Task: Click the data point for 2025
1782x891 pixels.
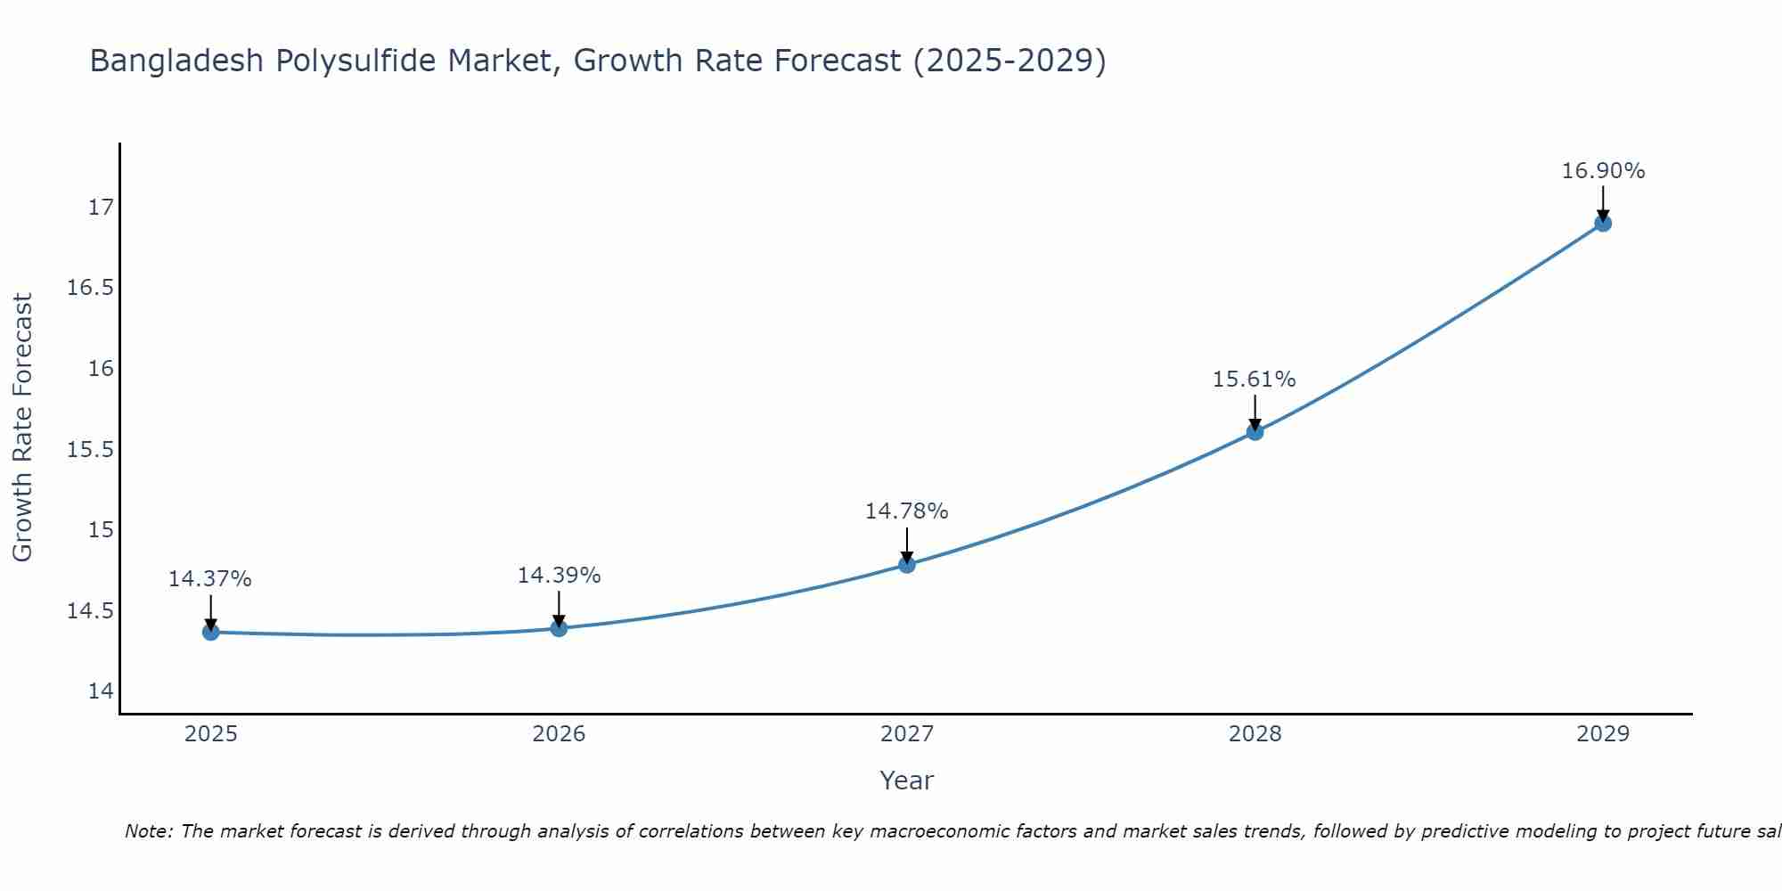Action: click(211, 632)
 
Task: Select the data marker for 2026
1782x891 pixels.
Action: click(559, 628)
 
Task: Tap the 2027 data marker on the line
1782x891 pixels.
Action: click(907, 564)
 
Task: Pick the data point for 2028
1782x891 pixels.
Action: click(1255, 432)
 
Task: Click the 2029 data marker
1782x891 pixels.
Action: click(1603, 223)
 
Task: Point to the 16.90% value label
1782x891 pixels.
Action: click(1603, 171)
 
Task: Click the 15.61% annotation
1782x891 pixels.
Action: click(1254, 380)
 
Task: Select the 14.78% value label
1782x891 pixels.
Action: click(906, 511)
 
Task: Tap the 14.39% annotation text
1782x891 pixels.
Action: click(559, 576)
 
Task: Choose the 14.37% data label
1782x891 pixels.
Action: click(210, 579)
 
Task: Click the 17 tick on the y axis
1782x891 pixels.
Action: click(101, 208)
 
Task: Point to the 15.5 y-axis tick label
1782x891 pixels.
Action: click(91, 449)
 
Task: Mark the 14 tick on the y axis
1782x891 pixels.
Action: click(101, 691)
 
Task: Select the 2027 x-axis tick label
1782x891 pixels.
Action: click(907, 734)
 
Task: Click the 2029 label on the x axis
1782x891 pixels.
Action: click(1603, 734)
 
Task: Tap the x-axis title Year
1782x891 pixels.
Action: click(906, 781)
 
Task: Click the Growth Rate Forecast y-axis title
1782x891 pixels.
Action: click(22, 428)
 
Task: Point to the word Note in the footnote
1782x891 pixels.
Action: click(149, 831)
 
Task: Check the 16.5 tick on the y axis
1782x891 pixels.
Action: click(91, 288)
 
